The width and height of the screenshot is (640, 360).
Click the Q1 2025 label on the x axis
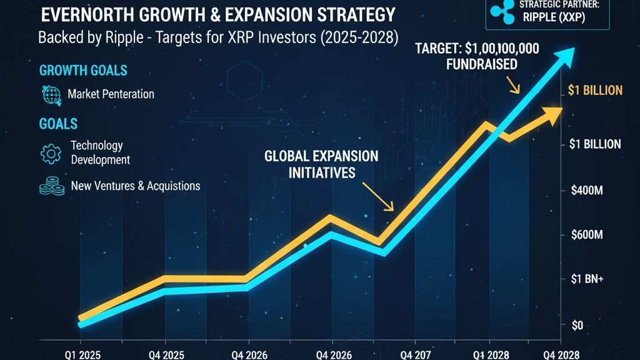coord(81,355)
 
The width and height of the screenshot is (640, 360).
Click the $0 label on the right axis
coord(577,325)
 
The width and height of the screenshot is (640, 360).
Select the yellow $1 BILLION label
coord(595,91)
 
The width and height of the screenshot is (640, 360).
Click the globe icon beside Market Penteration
coord(50,94)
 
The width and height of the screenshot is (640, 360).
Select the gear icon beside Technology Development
coord(50,152)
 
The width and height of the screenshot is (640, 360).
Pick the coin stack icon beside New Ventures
coord(50,186)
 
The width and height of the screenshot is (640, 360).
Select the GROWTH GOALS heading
coord(83,69)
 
